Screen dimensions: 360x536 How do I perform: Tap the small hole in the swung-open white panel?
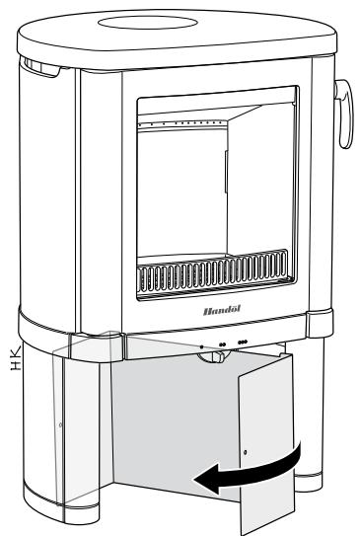tap(247, 460)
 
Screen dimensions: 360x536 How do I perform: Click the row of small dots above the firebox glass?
tap(178, 125)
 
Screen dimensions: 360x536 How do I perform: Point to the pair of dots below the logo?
tap(223, 345)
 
